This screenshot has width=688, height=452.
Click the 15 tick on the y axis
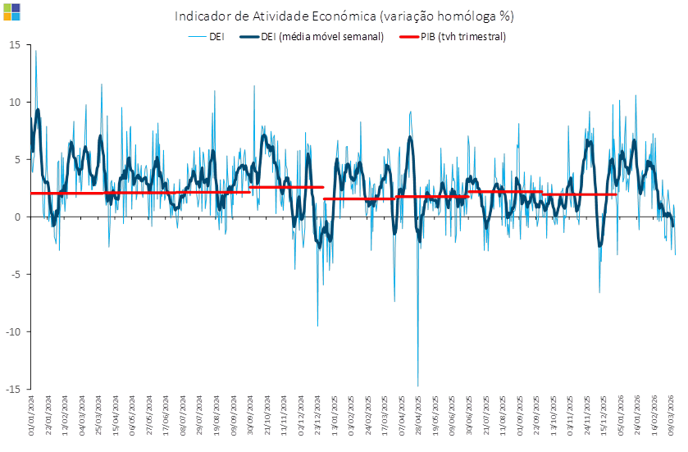point(16,44)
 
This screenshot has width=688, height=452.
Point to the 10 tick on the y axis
point(16,102)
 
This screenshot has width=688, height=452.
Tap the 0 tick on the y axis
point(18,217)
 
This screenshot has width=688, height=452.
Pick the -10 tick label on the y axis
point(14,331)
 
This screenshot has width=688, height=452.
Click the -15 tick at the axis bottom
point(14,389)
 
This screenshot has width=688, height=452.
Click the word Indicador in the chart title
point(201,16)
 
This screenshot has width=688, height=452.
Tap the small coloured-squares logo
point(11,11)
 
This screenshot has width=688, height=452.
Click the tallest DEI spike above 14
point(35,52)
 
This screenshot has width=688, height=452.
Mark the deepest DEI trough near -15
point(418,385)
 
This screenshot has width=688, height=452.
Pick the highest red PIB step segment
point(287,187)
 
